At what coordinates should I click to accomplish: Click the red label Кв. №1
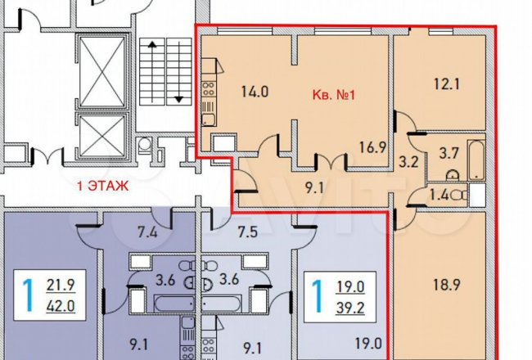333,95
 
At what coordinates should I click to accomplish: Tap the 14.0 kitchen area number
255,92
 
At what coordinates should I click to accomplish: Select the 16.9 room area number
372,147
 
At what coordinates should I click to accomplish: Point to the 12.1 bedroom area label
447,83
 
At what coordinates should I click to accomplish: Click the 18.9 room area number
447,285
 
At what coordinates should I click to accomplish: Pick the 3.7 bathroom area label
449,153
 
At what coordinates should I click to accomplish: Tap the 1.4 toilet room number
440,195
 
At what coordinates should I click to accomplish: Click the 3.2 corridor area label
408,162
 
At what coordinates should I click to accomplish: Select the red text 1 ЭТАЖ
103,186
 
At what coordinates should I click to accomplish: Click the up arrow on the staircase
152,71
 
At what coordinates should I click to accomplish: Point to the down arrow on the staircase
178,71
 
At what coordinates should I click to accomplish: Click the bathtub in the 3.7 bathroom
476,160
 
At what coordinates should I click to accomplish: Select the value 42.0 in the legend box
61,306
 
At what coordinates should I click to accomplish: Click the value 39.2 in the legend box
350,308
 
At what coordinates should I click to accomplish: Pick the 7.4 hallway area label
147,232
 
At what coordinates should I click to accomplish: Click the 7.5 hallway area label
248,232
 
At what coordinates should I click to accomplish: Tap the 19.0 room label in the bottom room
368,343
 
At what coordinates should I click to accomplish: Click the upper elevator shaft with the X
101,72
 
